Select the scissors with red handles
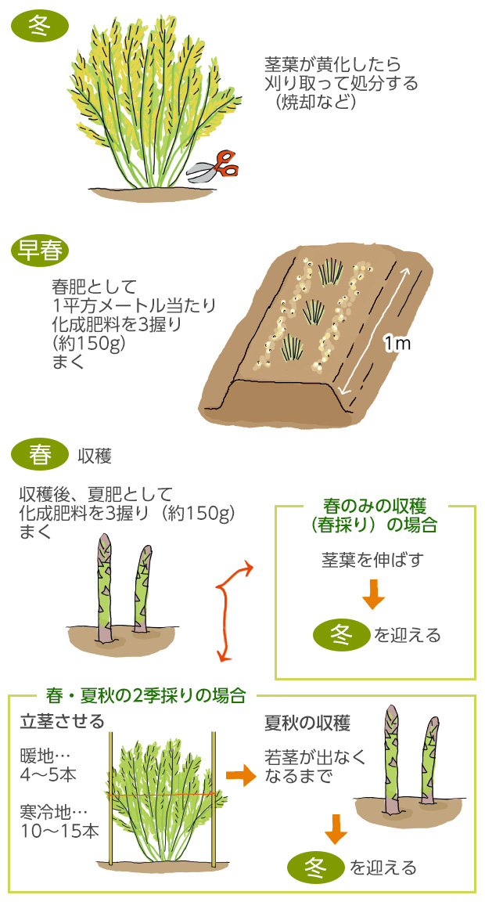(x=215, y=166)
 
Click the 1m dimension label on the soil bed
(x=397, y=342)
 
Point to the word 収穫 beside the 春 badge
(x=95, y=455)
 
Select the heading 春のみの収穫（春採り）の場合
(x=375, y=516)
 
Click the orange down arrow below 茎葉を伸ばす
(x=374, y=596)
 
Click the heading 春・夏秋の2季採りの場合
(x=146, y=695)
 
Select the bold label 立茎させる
(x=62, y=721)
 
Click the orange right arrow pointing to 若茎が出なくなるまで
(x=241, y=776)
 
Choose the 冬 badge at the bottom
(x=315, y=867)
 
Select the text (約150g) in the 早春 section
(x=88, y=342)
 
